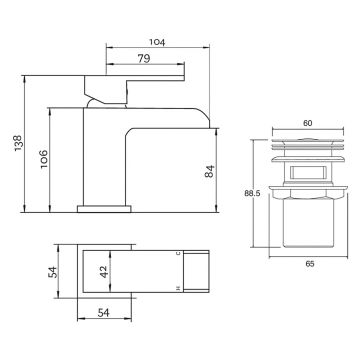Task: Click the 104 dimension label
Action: tap(157, 42)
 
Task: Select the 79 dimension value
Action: tap(144, 59)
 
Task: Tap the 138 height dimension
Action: tap(18, 143)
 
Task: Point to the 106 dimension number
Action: tap(44, 159)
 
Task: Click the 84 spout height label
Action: tap(209, 171)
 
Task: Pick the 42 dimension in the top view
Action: tap(104, 272)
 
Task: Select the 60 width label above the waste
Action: tap(308, 123)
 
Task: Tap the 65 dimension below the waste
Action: tap(310, 264)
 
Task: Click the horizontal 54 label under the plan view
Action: tap(103, 313)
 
